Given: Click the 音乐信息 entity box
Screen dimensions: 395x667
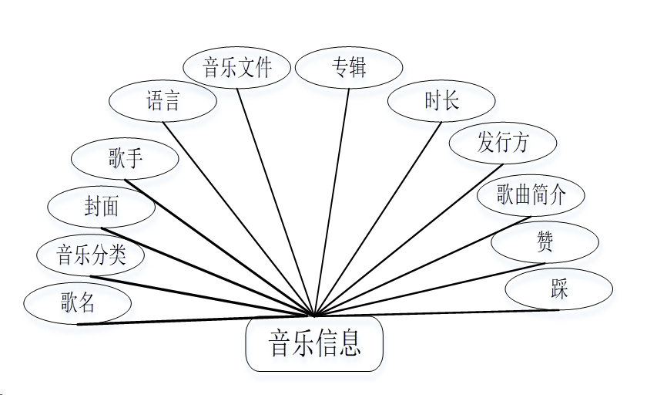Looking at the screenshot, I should [314, 344].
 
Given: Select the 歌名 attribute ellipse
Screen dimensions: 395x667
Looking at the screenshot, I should [78, 302].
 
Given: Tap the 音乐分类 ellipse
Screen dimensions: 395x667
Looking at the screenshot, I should [91, 255].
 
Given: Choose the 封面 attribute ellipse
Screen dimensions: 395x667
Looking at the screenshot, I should [102, 208].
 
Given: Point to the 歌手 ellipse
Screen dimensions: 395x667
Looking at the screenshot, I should [125, 160].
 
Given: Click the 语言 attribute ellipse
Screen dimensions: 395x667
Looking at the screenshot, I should [163, 101].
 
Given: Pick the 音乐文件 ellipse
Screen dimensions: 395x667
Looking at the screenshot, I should [237, 67].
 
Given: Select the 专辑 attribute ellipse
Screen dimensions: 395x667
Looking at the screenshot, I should [349, 68].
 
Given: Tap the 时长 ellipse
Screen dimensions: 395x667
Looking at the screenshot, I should [441, 101].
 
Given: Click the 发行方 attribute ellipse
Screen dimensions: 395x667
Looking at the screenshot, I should [503, 143].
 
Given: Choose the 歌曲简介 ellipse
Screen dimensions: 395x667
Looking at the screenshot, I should [531, 195].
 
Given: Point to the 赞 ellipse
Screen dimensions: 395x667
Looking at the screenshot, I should [545, 242].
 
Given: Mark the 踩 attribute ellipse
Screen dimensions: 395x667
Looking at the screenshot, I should [559, 289].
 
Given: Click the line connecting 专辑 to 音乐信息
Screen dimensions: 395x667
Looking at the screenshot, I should [332, 201].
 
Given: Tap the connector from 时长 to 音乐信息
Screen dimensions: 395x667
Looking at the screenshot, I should [378, 219].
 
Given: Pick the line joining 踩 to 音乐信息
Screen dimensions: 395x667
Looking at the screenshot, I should [437, 313].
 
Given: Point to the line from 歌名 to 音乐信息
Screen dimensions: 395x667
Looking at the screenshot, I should [196, 319].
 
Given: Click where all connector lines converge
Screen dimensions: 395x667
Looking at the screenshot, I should [314, 316].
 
